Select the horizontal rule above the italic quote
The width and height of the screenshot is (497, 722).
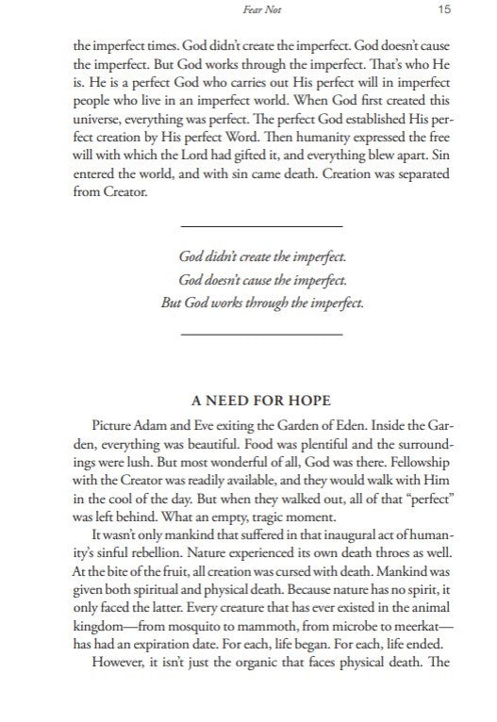pyautogui.click(x=260, y=227)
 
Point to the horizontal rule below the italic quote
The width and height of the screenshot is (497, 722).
pyautogui.click(x=260, y=334)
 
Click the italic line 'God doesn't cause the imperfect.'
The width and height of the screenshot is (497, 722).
pyautogui.click(x=260, y=280)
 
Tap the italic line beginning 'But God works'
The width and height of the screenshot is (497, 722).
pyautogui.click(x=260, y=304)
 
